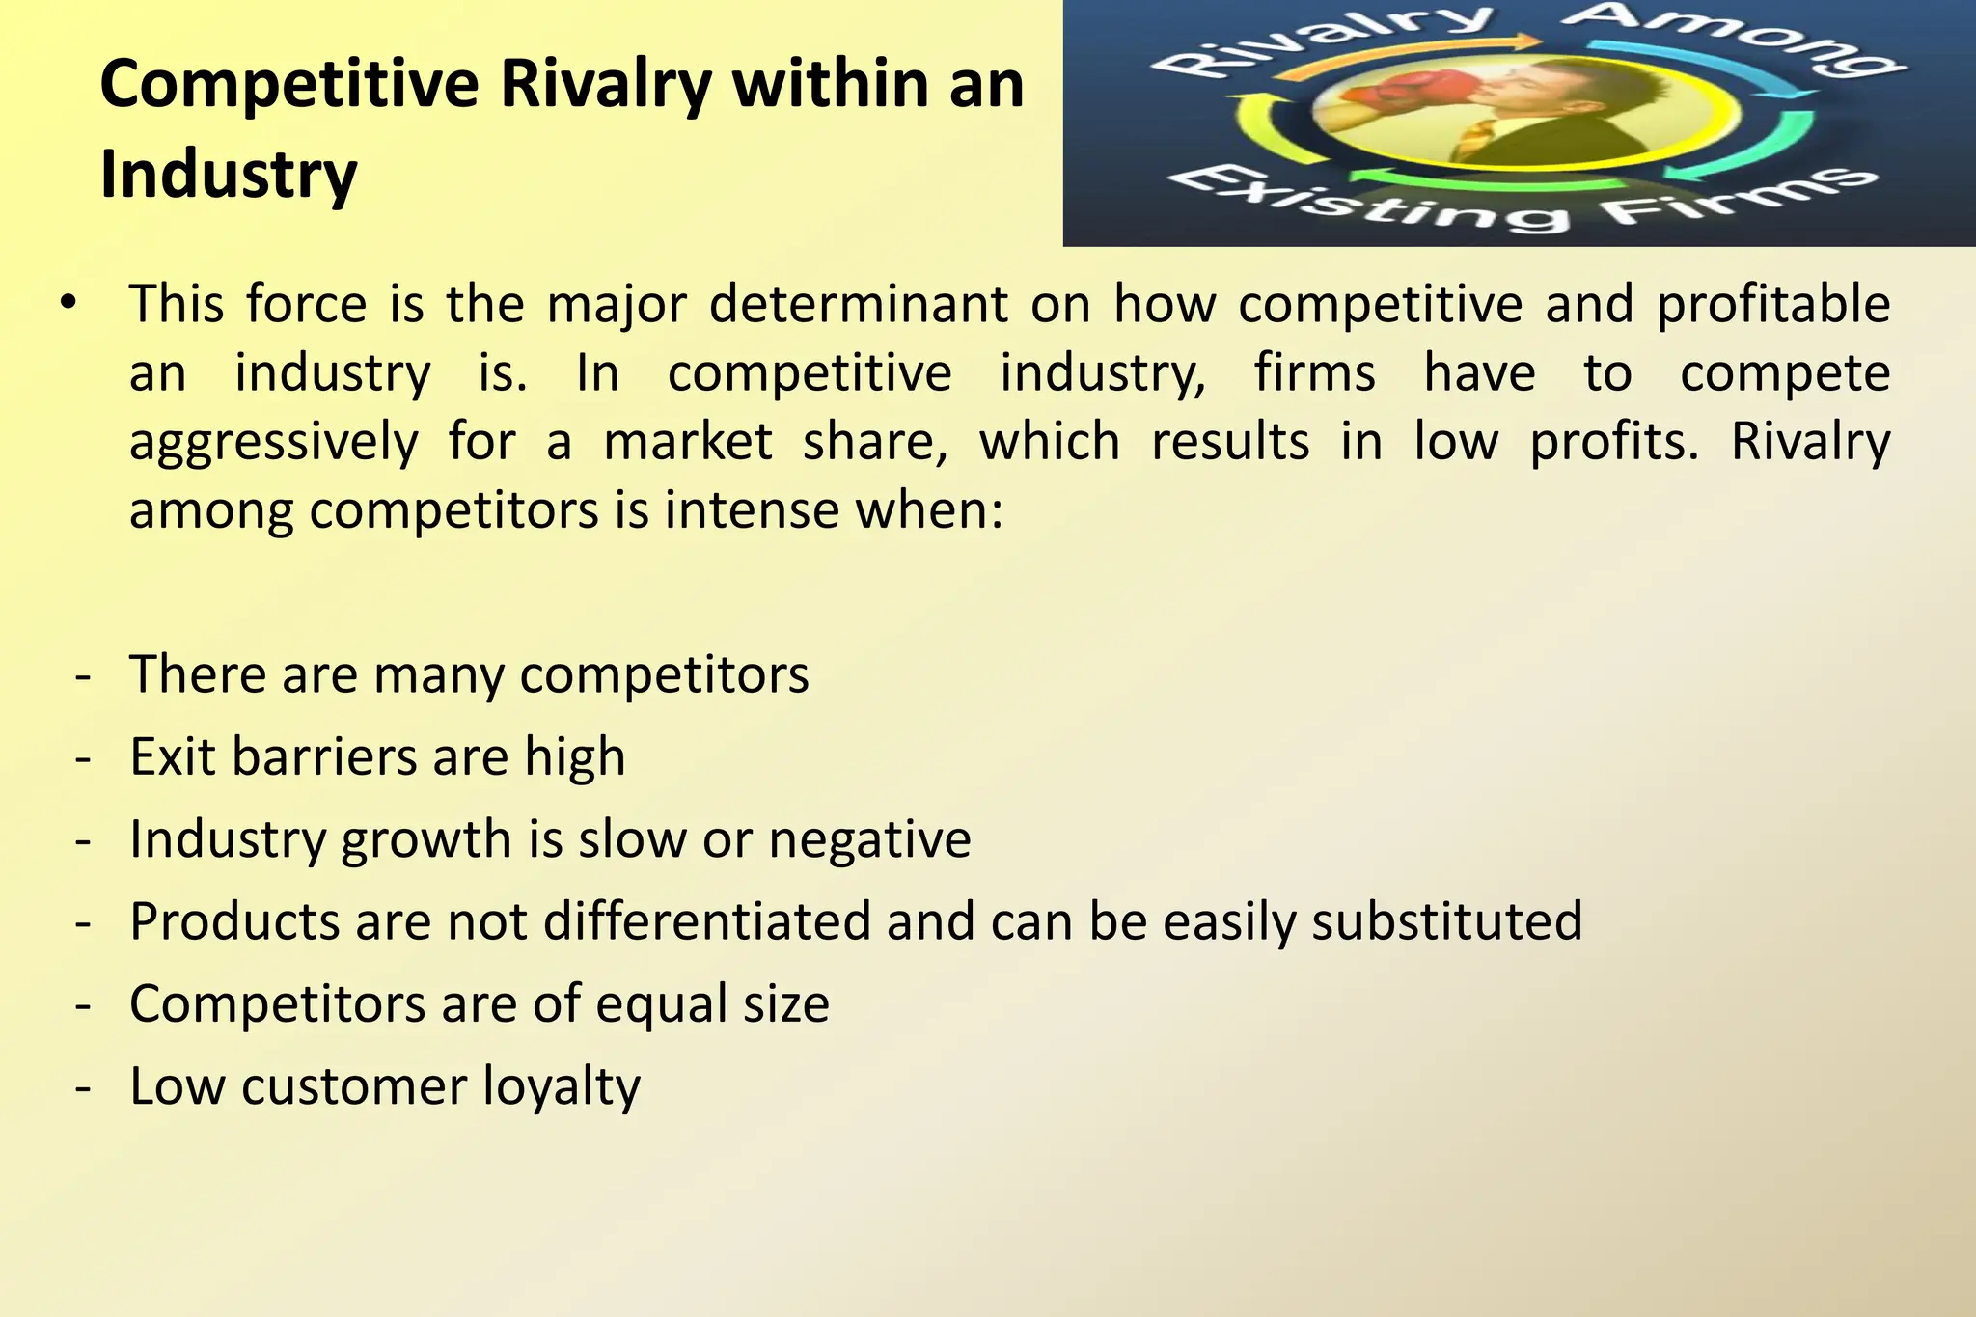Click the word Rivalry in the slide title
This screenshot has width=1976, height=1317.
(607, 85)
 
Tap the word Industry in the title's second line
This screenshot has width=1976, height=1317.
(229, 175)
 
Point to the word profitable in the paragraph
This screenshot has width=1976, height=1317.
(1773, 306)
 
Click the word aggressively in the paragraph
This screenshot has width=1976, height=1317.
(274, 444)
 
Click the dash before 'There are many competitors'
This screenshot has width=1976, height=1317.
(83, 675)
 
